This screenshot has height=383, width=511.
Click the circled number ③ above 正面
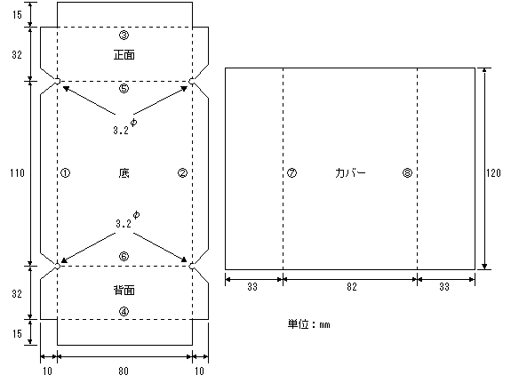point(124,35)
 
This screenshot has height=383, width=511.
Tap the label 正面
point(124,55)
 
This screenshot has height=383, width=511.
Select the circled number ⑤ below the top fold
point(124,88)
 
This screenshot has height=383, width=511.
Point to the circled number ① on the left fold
point(65,172)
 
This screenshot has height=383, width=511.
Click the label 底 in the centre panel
point(124,172)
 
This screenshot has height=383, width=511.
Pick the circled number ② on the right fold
point(182,172)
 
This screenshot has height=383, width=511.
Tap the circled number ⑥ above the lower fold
point(124,257)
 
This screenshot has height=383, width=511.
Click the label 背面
point(124,290)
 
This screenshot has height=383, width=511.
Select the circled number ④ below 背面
point(124,312)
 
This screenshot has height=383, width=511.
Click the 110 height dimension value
point(17,172)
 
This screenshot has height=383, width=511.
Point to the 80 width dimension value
point(124,371)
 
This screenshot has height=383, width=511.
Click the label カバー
point(350,172)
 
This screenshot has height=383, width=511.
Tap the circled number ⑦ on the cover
point(291,172)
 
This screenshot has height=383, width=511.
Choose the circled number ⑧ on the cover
point(407,172)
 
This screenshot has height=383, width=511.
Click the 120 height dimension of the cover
point(493,172)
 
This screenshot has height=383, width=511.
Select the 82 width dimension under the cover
point(352,287)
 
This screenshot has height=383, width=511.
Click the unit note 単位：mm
point(309,324)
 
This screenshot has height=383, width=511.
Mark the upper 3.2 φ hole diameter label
point(125,127)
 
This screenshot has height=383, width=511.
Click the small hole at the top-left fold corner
point(58,81)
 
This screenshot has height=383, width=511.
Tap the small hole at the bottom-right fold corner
point(192,266)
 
